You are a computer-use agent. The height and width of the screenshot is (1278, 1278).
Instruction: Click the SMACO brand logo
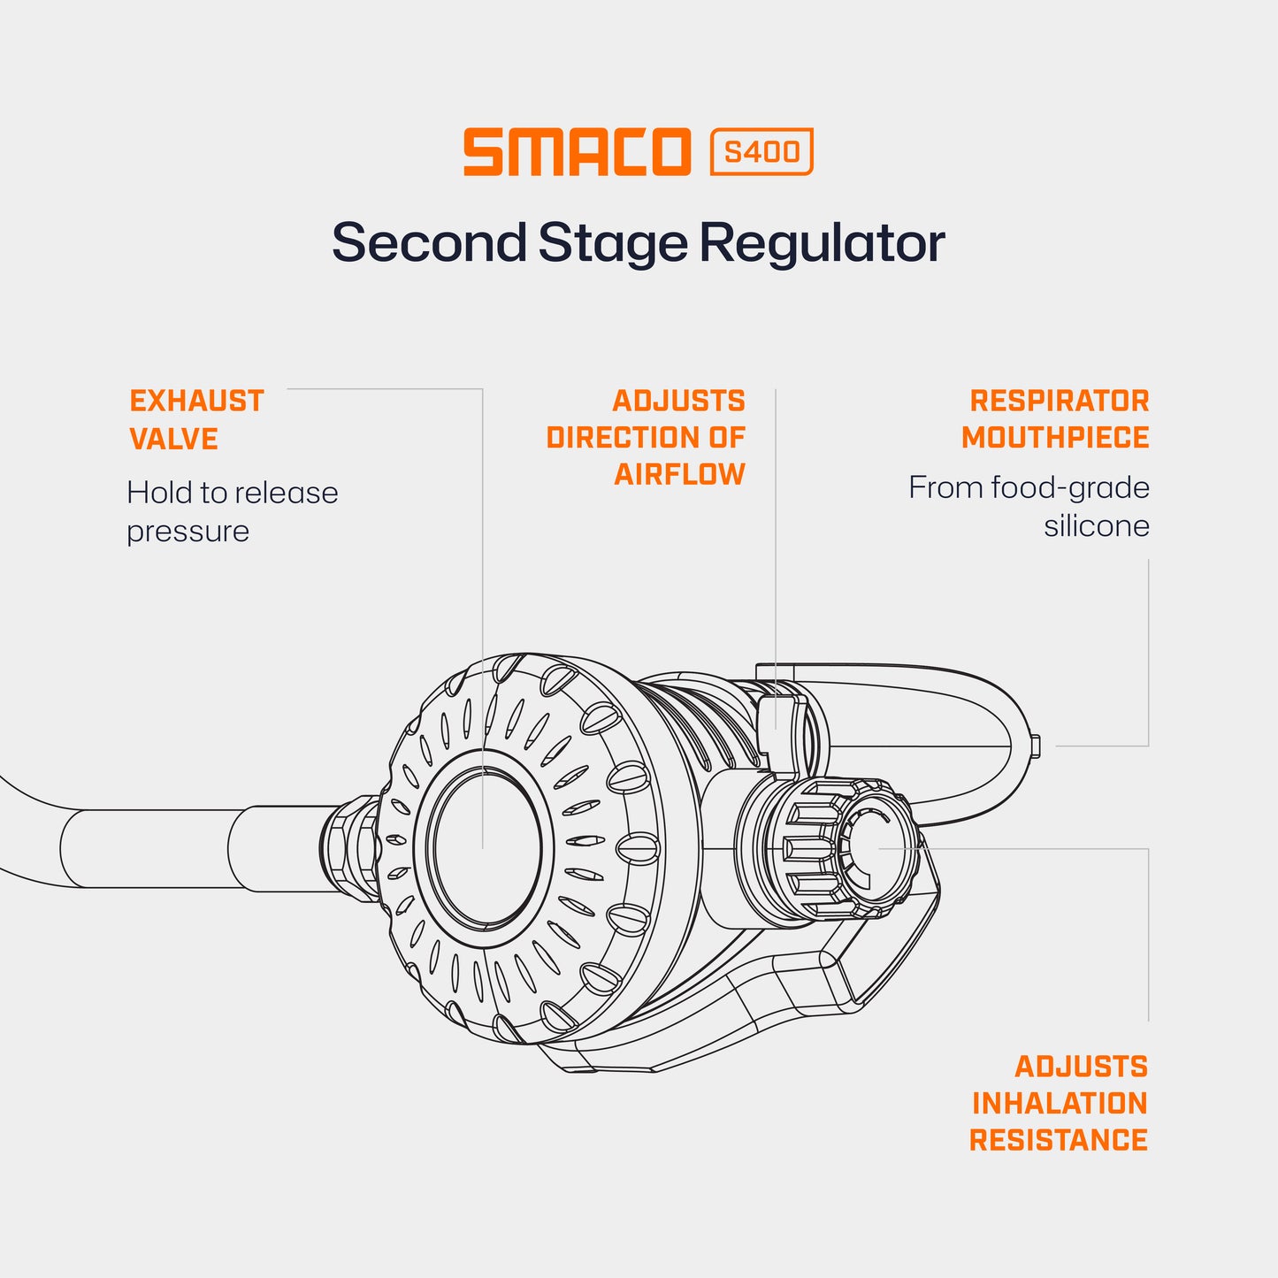(577, 152)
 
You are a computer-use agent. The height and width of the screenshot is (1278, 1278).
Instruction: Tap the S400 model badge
(761, 152)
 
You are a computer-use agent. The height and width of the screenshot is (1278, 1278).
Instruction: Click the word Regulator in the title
(823, 242)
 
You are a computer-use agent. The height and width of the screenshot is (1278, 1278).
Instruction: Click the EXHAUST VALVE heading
(196, 420)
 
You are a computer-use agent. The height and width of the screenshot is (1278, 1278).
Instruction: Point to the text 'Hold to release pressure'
(232, 511)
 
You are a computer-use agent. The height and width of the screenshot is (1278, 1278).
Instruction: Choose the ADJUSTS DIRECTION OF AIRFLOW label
(646, 438)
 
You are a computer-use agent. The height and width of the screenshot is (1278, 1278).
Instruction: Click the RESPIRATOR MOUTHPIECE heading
(1055, 419)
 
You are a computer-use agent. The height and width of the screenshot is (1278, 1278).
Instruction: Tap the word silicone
(1097, 526)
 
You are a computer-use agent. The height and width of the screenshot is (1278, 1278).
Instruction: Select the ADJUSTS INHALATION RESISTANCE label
(1059, 1103)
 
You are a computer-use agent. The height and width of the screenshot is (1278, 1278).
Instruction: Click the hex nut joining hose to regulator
(349, 847)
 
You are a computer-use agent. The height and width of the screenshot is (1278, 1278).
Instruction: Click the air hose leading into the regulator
(177, 847)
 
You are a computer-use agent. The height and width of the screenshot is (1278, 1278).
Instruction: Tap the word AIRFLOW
(680, 475)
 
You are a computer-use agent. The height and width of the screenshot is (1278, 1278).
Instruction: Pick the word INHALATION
(1060, 1103)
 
